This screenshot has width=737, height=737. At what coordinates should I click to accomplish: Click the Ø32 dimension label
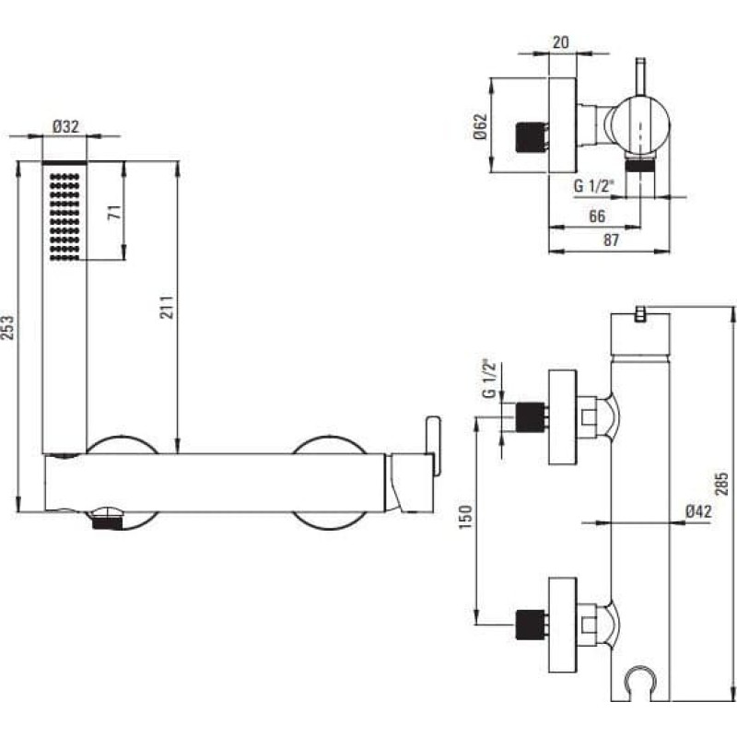(65, 126)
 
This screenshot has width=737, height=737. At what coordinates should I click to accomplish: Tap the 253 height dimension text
(8, 328)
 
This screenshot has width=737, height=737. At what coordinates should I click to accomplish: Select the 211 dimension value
(167, 308)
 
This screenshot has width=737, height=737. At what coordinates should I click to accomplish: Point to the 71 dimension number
(115, 212)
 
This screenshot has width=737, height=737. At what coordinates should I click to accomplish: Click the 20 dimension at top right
(560, 42)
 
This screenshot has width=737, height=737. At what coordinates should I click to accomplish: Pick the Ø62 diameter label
(480, 126)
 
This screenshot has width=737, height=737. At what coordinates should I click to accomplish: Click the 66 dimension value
(596, 216)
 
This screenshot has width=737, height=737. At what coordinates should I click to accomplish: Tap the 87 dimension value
(611, 240)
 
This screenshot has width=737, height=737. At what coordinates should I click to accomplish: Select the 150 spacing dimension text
(465, 518)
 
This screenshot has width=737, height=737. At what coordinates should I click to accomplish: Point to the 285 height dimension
(721, 484)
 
